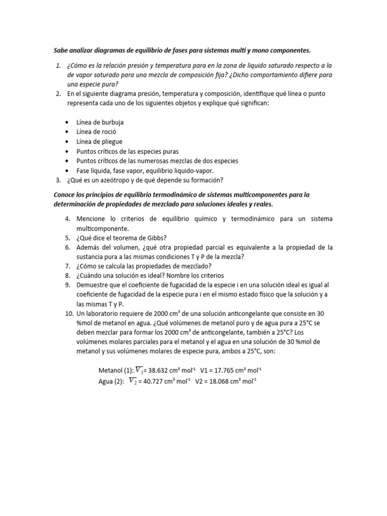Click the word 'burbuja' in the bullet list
(x=113, y=122)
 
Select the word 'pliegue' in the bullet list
(x=112, y=142)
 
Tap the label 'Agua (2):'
(x=111, y=381)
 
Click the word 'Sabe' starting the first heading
(x=60, y=50)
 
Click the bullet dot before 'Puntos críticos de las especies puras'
(x=68, y=151)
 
